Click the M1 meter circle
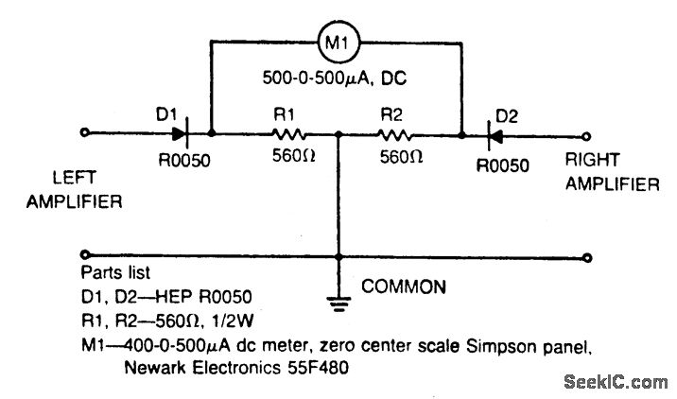pyautogui.click(x=337, y=42)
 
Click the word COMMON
pyautogui.click(x=405, y=284)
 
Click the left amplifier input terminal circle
pyautogui.click(x=88, y=134)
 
